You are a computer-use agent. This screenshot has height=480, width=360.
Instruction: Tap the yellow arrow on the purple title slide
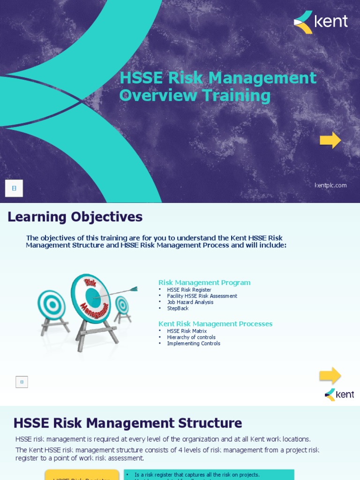330,140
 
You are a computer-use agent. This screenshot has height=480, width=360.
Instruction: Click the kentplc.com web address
330,185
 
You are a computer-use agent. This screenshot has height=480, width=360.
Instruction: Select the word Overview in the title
158,96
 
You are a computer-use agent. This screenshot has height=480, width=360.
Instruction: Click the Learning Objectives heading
75,217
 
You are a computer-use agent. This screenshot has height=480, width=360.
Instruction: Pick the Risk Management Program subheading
204,283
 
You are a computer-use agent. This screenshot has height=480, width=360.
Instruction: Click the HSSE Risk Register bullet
189,290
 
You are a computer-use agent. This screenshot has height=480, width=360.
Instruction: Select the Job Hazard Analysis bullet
190,302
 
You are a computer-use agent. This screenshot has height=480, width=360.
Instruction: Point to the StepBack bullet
178,308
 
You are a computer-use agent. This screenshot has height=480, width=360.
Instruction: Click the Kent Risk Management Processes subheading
215,324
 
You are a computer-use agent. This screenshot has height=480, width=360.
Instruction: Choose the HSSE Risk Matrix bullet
187,331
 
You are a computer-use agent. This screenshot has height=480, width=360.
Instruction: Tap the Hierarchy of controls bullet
191,337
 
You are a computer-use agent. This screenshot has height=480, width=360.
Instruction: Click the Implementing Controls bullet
193,344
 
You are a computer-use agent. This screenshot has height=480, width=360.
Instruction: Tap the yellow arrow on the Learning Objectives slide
330,375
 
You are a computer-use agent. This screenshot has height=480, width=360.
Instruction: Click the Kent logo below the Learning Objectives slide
339,395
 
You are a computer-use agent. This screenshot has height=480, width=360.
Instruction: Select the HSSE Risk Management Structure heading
127,423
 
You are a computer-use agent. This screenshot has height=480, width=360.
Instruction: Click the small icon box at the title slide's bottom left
14,188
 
